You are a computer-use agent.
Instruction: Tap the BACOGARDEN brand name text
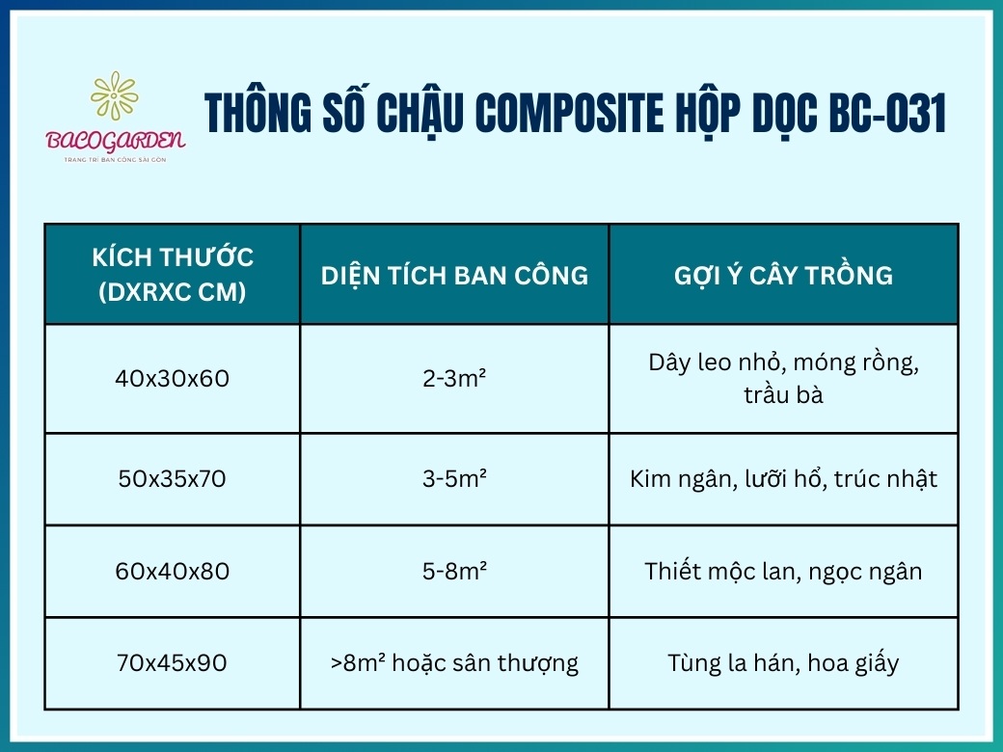pos(116,140)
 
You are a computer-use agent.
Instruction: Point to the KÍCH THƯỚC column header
pos(173,274)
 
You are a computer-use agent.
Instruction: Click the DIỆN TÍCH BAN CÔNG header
pos(454,275)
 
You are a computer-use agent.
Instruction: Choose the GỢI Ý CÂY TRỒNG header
pos(783,275)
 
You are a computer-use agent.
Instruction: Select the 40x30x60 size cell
pos(173,379)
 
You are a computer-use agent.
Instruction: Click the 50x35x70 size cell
pos(173,478)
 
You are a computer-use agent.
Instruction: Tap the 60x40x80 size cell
pos(173,571)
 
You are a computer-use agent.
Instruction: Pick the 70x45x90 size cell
pos(173,663)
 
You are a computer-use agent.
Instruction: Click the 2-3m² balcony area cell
pos(454,379)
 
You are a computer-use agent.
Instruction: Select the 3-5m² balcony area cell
pos(454,478)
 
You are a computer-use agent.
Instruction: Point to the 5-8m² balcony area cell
pos(454,571)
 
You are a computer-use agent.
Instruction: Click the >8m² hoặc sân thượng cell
pos(454,663)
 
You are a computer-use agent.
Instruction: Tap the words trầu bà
pos(783,395)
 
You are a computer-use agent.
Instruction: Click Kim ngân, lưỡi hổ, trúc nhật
pos(783,478)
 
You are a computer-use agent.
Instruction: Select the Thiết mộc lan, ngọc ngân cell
pos(783,571)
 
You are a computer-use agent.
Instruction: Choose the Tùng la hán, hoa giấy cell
pos(783,663)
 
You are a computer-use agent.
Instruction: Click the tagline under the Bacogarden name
pos(116,158)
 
